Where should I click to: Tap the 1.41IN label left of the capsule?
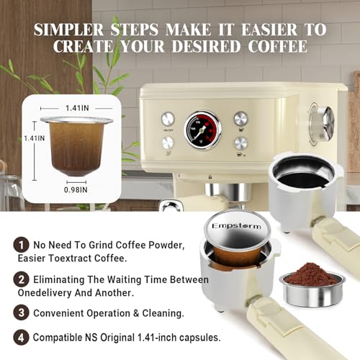[x=32, y=137]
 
